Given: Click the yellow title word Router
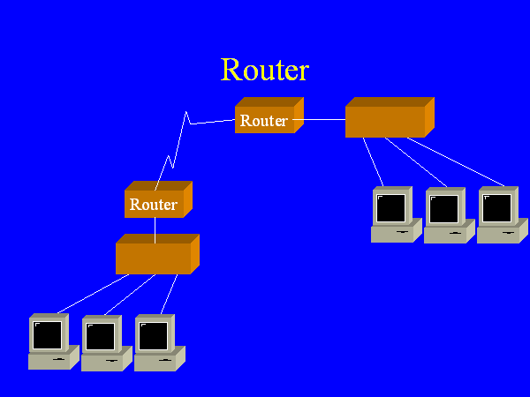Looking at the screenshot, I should tap(264, 70).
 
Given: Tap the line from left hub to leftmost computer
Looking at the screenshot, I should tap(93, 293).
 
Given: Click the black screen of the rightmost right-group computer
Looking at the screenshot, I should tap(497, 208).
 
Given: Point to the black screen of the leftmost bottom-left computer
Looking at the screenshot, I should tap(48, 335).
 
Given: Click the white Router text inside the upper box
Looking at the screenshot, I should tap(264, 121).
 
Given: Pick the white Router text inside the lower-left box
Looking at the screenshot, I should tap(154, 205).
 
